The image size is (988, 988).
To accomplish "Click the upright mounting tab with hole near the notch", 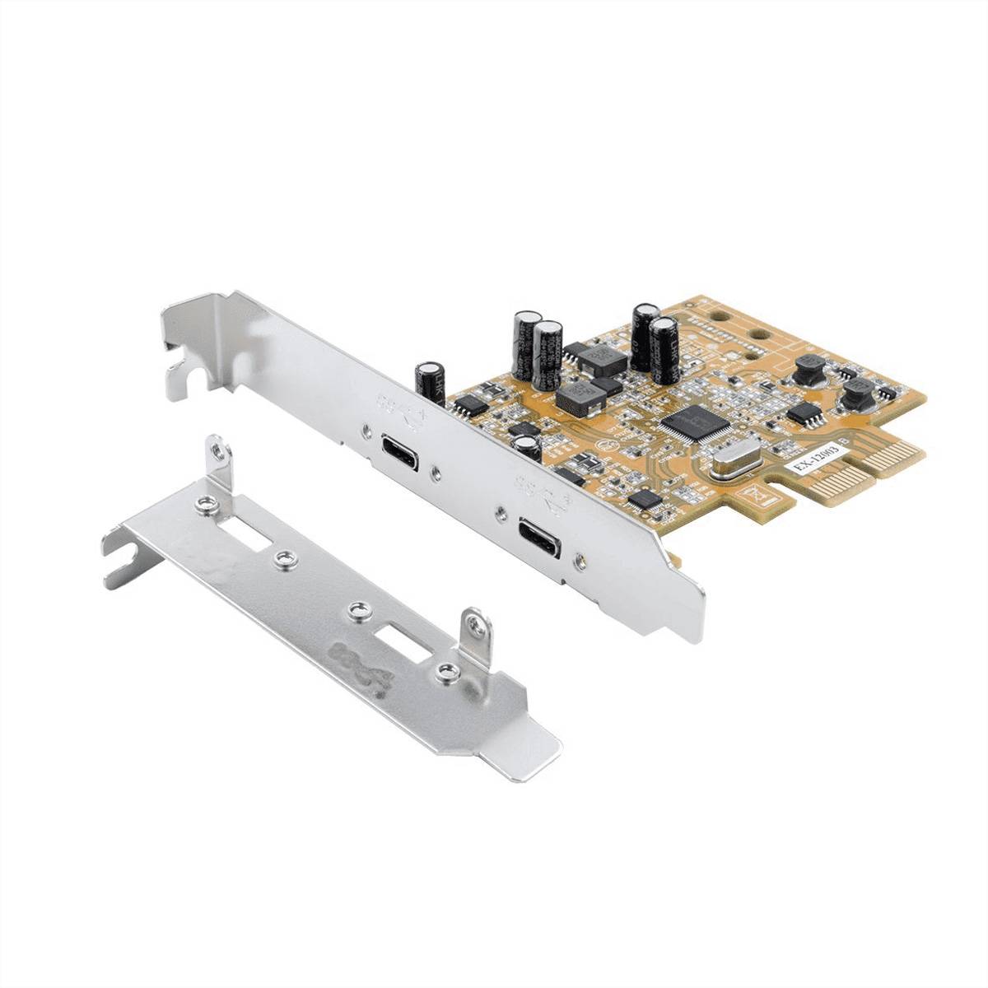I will click(217, 453).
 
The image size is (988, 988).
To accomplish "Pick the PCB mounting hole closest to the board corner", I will click(758, 335).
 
